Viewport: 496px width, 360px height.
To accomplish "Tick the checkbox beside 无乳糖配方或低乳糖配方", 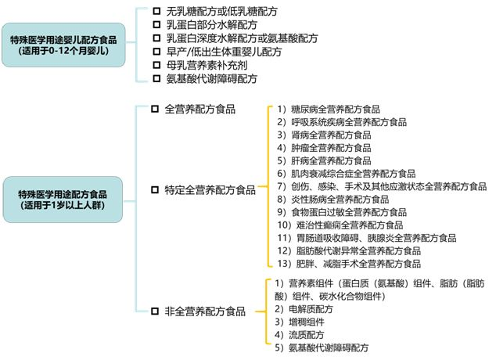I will point(155,12).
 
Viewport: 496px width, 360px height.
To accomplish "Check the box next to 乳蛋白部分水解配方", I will point(155,25).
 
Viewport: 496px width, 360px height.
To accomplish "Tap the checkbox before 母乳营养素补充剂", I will point(155,66).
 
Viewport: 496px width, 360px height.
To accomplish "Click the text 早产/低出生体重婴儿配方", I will point(223,52).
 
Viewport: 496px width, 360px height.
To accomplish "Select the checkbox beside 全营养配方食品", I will point(155,110).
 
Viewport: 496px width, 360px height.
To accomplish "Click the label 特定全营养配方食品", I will point(210,189).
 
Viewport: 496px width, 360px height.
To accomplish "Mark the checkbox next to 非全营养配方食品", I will point(155,312).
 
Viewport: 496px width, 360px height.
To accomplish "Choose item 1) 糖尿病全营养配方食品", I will point(329,110).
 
